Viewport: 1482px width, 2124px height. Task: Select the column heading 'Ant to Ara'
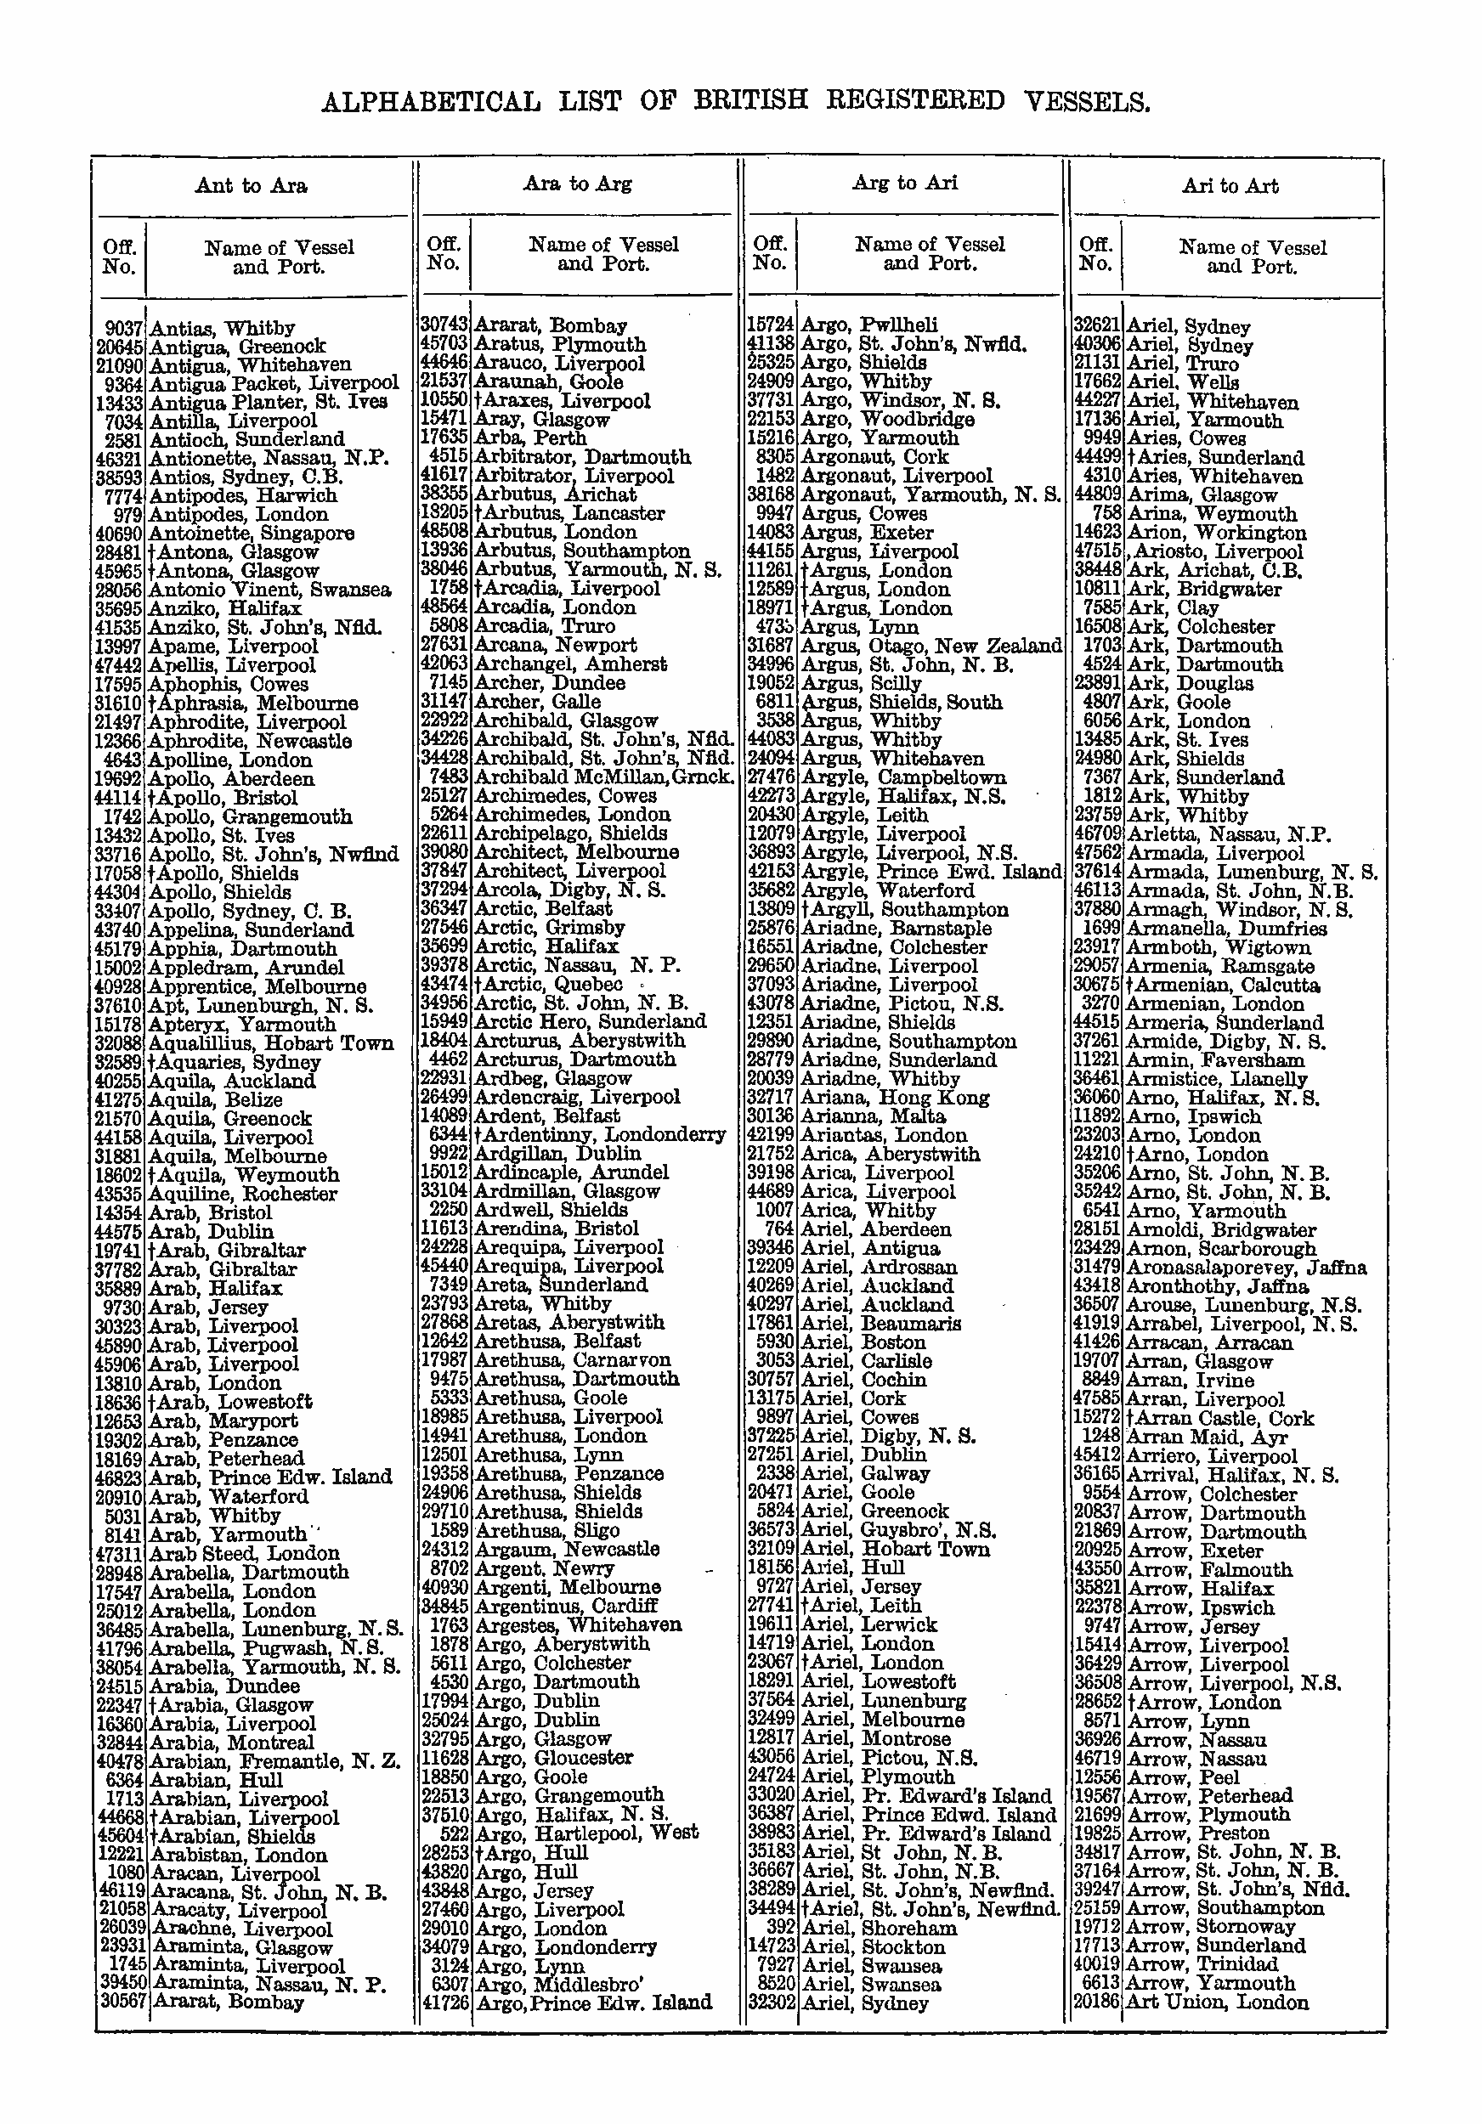[x=251, y=186]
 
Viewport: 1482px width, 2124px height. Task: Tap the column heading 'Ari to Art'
[x=1230, y=186]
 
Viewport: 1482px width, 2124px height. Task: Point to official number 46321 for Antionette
[x=119, y=459]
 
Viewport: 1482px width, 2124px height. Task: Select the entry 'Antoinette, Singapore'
[x=251, y=534]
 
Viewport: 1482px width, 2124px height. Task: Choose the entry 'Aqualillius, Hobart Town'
[x=270, y=1043]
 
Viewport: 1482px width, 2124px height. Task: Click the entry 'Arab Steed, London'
[x=243, y=1553]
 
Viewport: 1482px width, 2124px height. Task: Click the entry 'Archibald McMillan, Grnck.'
[x=603, y=777]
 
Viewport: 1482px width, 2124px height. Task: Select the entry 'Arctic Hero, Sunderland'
[x=589, y=1021]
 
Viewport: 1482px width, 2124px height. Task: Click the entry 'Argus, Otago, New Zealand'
[x=930, y=646]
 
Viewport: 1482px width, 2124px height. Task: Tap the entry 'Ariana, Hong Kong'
[x=895, y=1098]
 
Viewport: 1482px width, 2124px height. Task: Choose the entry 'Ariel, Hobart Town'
[x=895, y=1550]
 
